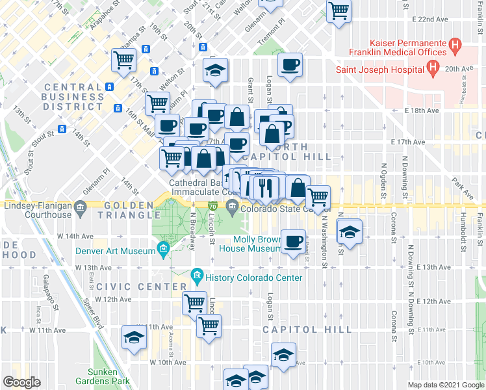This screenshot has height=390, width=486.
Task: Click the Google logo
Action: [x=22, y=382]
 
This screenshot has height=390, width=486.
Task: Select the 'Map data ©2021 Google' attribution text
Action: [x=445, y=385]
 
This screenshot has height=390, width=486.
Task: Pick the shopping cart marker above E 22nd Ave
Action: [x=339, y=11]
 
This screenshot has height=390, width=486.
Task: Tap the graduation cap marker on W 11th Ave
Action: [x=134, y=337]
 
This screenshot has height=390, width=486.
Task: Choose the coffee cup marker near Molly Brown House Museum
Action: [x=292, y=242]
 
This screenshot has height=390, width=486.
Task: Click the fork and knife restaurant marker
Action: [x=266, y=187]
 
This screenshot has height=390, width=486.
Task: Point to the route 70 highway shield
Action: [x=213, y=206]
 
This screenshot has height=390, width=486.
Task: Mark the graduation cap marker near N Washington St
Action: [x=350, y=232]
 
